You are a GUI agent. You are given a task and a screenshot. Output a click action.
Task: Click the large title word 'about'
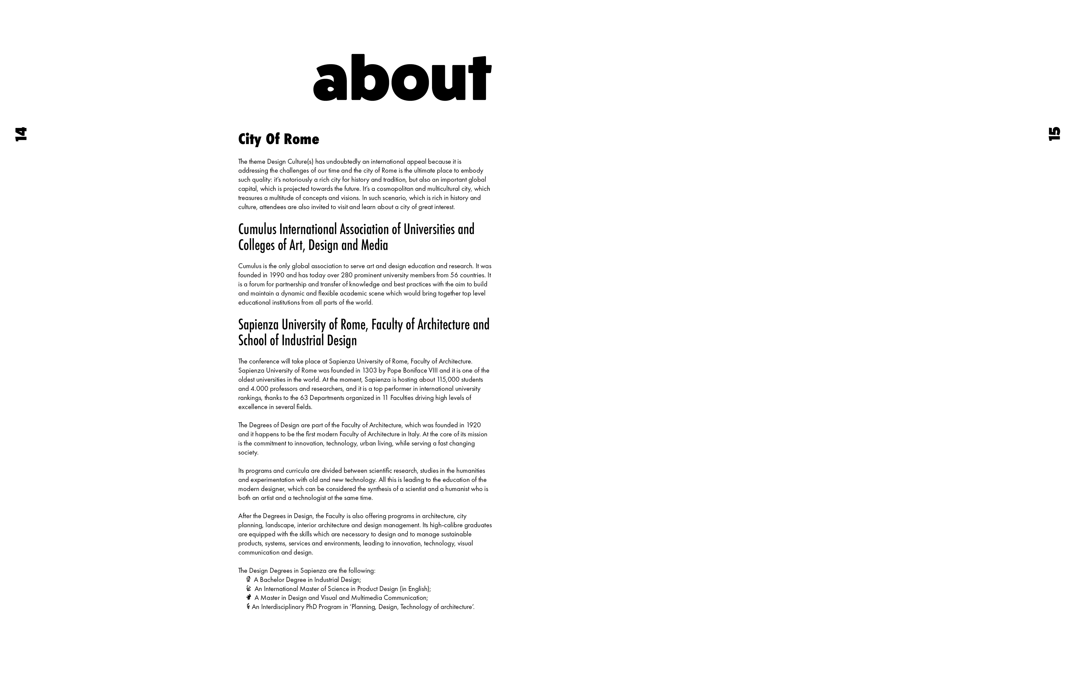click(x=402, y=78)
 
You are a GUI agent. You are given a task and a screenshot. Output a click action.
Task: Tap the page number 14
click(x=21, y=134)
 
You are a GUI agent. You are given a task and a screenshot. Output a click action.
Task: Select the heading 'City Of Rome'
click(x=279, y=139)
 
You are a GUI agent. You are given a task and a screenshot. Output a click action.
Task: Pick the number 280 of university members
click(x=347, y=275)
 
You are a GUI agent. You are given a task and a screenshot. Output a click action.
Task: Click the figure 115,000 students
click(x=448, y=379)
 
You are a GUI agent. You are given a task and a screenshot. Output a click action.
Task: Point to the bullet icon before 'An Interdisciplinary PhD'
click(x=248, y=607)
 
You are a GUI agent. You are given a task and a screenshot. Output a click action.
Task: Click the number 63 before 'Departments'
click(x=303, y=398)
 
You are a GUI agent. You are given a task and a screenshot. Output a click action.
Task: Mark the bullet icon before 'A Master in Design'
click(x=249, y=598)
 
